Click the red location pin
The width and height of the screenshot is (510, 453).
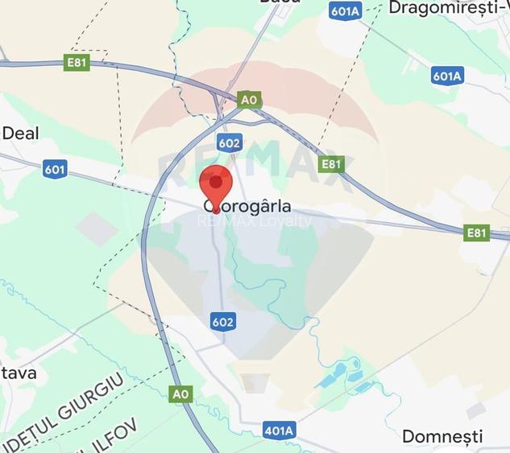point(215,185)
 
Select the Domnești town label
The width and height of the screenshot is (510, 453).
point(442,437)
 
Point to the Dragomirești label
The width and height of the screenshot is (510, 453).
point(447,7)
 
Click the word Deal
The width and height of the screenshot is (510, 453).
point(20,133)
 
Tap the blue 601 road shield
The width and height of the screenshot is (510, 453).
point(55,169)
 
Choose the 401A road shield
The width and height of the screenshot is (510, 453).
point(279,430)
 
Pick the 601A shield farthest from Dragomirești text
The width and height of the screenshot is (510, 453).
point(446,76)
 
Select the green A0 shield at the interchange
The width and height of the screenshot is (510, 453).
point(250,99)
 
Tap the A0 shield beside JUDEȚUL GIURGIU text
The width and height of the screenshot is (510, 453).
point(182,393)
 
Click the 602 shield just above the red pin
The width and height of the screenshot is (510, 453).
point(229,142)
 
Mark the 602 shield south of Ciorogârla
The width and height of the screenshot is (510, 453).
point(223,322)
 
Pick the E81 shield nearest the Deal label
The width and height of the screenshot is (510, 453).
point(77,62)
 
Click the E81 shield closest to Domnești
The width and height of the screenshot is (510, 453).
point(477,233)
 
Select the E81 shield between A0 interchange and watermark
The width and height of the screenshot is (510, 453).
point(331,164)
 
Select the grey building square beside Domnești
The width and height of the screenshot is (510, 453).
point(476,411)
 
